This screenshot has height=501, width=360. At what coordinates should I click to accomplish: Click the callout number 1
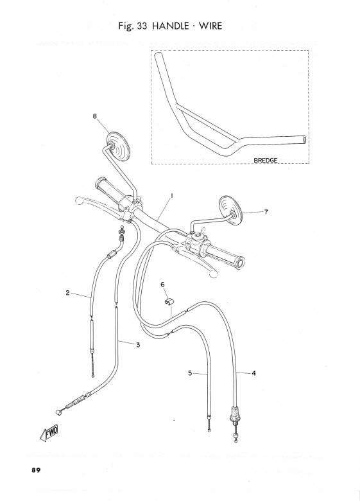point(172,195)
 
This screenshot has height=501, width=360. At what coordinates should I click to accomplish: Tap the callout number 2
point(67,292)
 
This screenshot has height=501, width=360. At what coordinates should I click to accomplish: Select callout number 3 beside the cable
point(138,345)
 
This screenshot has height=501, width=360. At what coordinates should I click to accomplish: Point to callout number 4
point(253,373)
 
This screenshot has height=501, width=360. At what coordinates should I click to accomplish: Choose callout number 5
point(190,373)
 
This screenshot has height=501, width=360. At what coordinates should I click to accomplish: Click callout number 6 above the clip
point(162,285)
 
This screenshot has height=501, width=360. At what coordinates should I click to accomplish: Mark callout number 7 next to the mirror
point(266,211)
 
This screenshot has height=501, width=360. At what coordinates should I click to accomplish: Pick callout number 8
point(95,116)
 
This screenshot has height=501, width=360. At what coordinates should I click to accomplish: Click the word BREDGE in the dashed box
point(266,160)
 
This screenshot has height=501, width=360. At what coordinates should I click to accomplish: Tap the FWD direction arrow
point(49,434)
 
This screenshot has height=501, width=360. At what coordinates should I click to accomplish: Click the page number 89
point(36,470)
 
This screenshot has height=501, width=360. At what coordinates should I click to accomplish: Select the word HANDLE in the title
point(171,26)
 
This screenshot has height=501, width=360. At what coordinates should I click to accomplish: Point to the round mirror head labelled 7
point(230,211)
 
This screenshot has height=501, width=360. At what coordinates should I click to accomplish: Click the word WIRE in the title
point(210,26)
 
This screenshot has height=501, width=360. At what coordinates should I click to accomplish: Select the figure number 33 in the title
point(142,26)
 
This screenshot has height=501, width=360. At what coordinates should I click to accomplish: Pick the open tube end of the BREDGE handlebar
point(304,139)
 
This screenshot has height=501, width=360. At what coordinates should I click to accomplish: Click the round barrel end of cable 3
point(58,412)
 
